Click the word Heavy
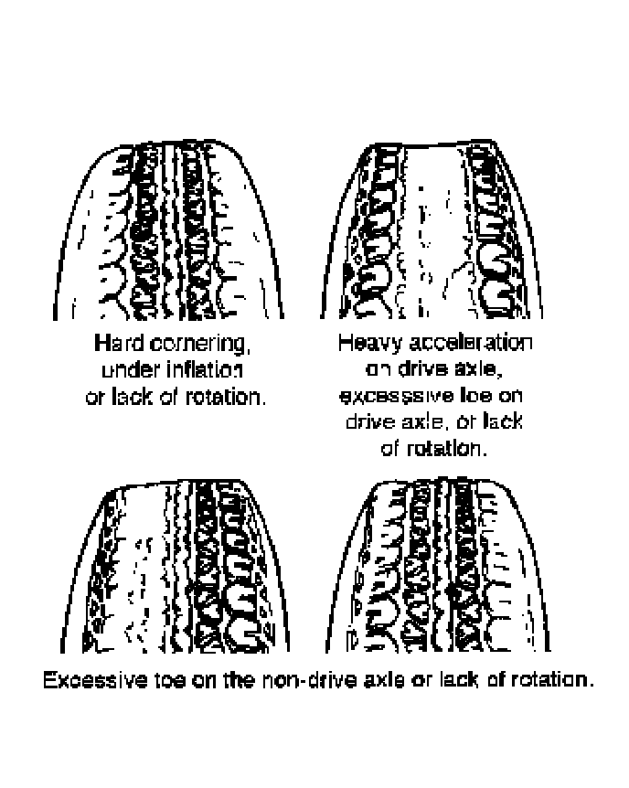tap(364, 345)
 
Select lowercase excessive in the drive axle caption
tap(383, 398)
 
